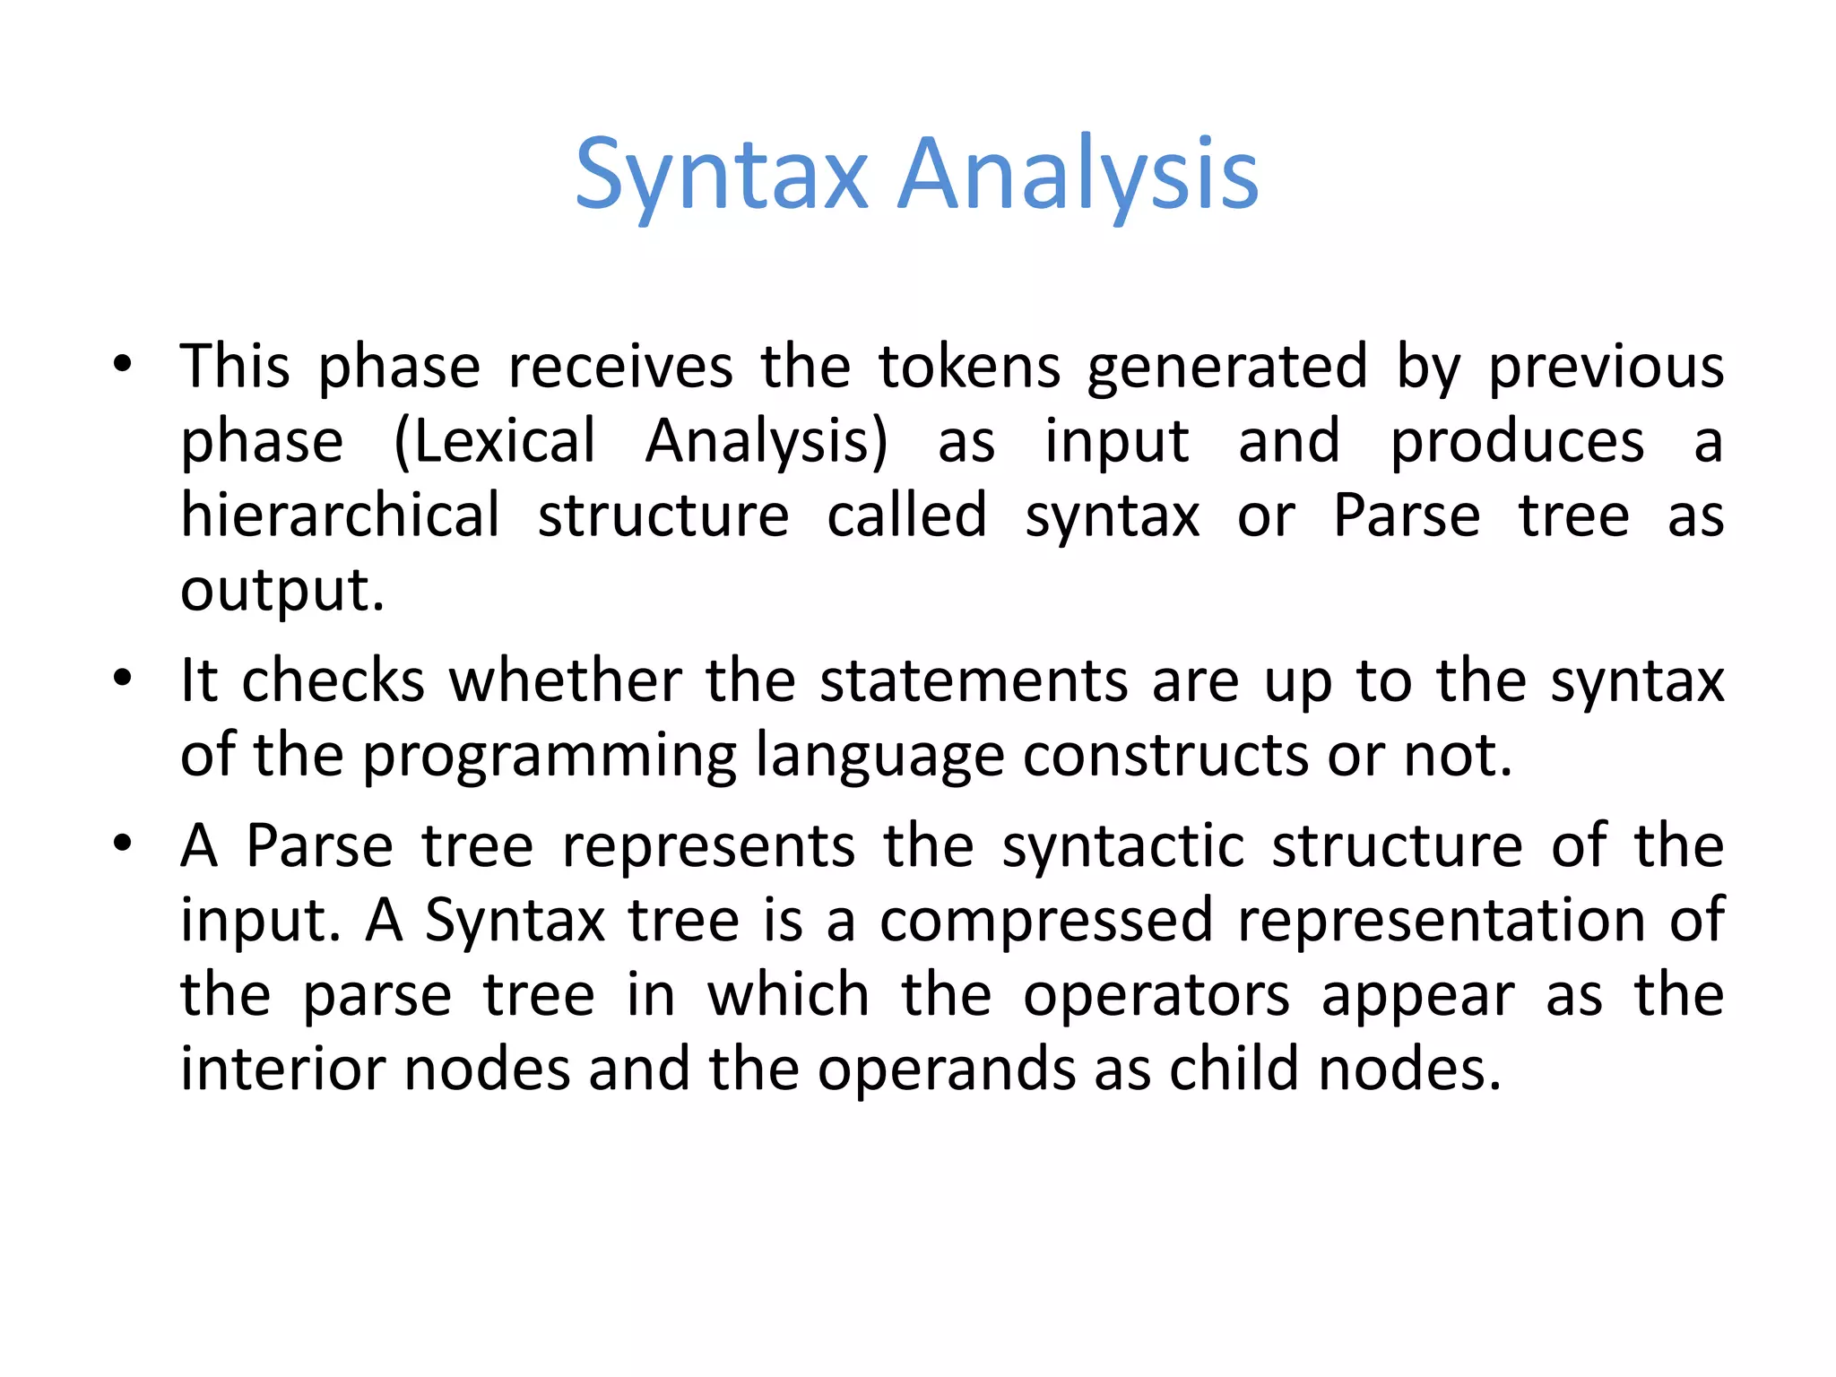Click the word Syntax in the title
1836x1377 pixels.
[x=722, y=175]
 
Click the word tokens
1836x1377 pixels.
[x=969, y=368]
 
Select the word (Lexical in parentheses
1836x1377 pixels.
[x=495, y=442]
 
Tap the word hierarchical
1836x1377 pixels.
[x=340, y=516]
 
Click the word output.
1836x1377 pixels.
[x=281, y=592]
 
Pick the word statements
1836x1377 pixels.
[x=974, y=681]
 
